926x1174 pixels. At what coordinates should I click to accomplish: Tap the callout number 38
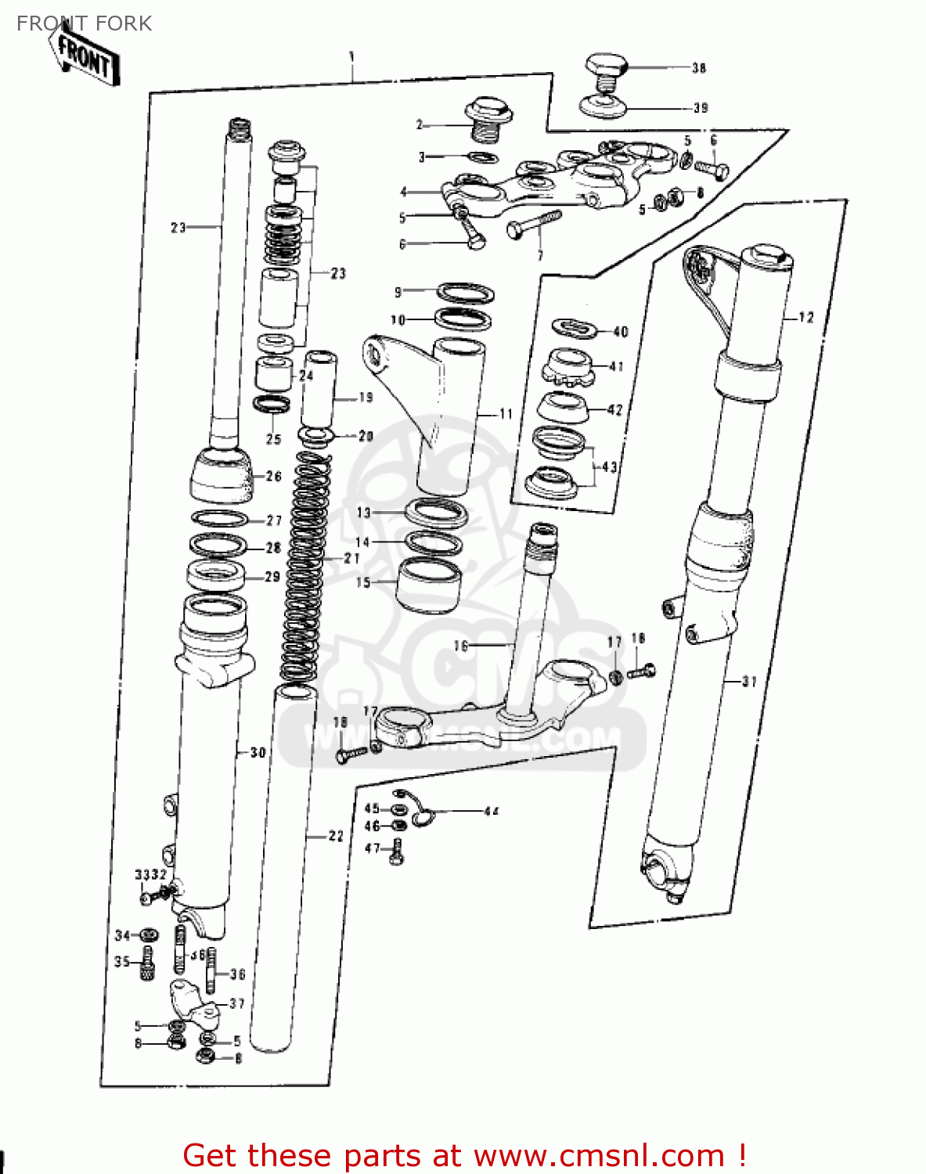[699, 68]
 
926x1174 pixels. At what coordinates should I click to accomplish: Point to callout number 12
[806, 318]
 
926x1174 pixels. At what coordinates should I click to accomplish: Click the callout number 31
[749, 682]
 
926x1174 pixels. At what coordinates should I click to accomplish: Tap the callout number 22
[336, 836]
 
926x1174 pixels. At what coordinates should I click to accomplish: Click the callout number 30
[258, 753]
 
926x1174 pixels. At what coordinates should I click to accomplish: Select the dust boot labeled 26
[222, 476]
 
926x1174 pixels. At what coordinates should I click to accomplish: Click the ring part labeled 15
[428, 585]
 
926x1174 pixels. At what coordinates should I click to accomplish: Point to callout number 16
[460, 646]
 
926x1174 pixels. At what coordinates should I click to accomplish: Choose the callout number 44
[491, 812]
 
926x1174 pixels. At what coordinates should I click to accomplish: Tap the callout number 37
[237, 1003]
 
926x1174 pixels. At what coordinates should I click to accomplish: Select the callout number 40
[621, 332]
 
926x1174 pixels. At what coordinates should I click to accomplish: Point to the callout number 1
[351, 56]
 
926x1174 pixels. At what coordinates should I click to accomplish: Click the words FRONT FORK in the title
[85, 23]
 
